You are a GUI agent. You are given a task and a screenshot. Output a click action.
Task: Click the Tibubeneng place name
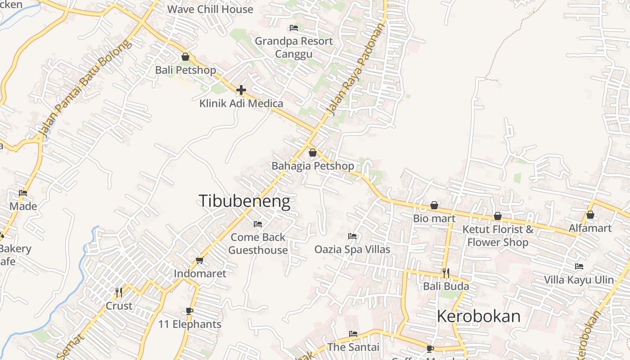click(x=244, y=201)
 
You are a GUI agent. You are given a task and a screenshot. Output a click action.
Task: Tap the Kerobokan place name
click(x=478, y=316)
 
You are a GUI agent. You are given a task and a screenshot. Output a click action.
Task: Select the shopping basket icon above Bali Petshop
click(x=185, y=57)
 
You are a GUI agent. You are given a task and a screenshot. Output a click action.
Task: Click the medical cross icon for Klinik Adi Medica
click(x=241, y=90)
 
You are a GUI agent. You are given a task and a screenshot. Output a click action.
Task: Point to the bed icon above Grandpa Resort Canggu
click(x=294, y=28)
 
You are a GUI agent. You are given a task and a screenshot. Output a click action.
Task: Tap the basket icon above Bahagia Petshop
click(x=313, y=153)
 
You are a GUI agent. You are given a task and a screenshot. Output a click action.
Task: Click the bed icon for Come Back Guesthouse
click(x=258, y=224)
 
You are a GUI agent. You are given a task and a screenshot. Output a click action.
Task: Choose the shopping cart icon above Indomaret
click(x=200, y=260)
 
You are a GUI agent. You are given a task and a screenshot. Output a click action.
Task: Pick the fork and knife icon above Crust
click(x=119, y=292)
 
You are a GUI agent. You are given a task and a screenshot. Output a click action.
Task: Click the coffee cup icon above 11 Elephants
click(x=189, y=311)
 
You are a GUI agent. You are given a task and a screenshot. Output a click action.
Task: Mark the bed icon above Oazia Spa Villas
click(x=352, y=236)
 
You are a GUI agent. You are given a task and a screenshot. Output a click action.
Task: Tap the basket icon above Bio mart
click(x=434, y=205)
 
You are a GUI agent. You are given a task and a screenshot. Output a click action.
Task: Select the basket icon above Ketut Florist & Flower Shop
click(x=498, y=216)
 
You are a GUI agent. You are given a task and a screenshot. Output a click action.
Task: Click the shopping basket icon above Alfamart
click(x=590, y=215)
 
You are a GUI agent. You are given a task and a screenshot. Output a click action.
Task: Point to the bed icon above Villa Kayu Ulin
click(x=579, y=266)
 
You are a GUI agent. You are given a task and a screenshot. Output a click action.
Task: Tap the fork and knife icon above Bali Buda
click(x=446, y=273)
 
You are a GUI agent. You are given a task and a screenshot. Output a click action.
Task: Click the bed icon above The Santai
click(x=353, y=334)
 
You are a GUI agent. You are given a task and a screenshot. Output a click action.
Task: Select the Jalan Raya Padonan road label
click(x=356, y=70)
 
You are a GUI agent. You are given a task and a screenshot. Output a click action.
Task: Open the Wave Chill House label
click(x=210, y=9)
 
